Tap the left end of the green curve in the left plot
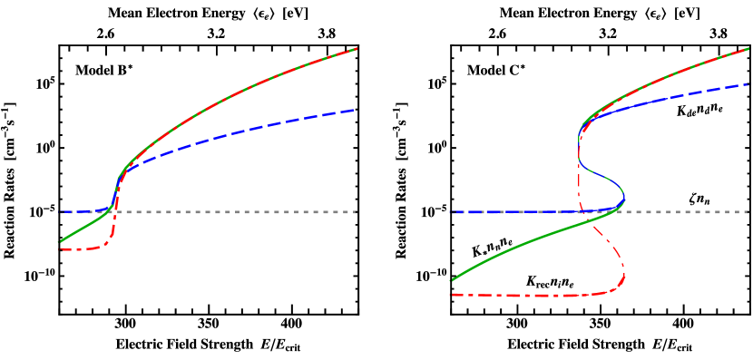(x=60, y=242)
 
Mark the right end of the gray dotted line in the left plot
(x=357, y=212)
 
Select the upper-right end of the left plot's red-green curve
(x=357, y=48)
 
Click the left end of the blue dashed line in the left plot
(x=61, y=212)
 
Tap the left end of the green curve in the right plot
(x=451, y=281)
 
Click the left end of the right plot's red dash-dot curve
(x=451, y=295)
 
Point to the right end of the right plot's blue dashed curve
(x=748, y=84)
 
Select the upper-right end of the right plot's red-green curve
(x=748, y=48)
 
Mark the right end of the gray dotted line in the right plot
(x=749, y=212)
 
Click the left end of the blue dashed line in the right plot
(x=451, y=212)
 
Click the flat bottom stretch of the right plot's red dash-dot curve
(x=517, y=296)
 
